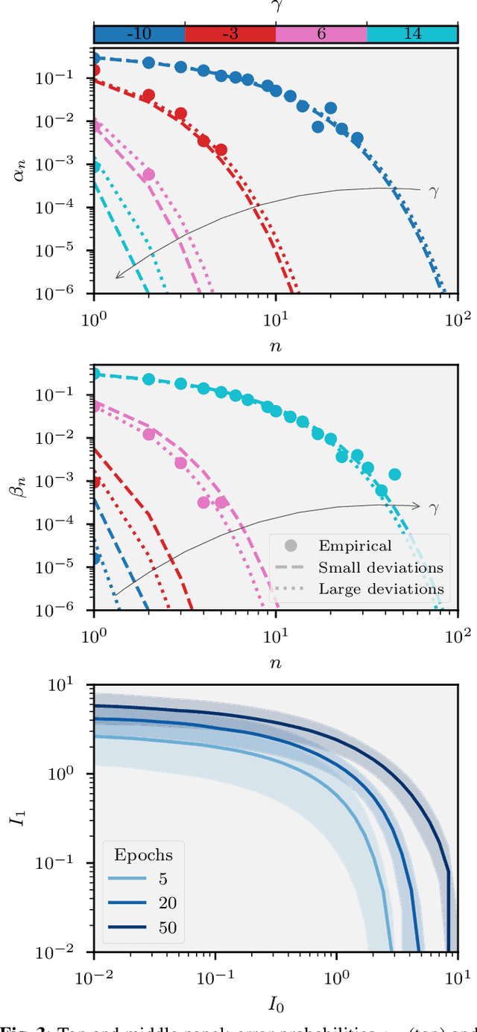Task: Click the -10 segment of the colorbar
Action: (139, 34)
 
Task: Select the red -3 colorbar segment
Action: (230, 34)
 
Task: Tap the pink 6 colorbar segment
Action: (321, 34)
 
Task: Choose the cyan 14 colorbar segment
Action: (412, 34)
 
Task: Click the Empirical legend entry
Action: (354, 547)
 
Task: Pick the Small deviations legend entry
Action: (380, 568)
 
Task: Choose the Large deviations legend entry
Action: (380, 589)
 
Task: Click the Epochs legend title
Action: (143, 854)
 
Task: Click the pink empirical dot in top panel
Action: (148, 174)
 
